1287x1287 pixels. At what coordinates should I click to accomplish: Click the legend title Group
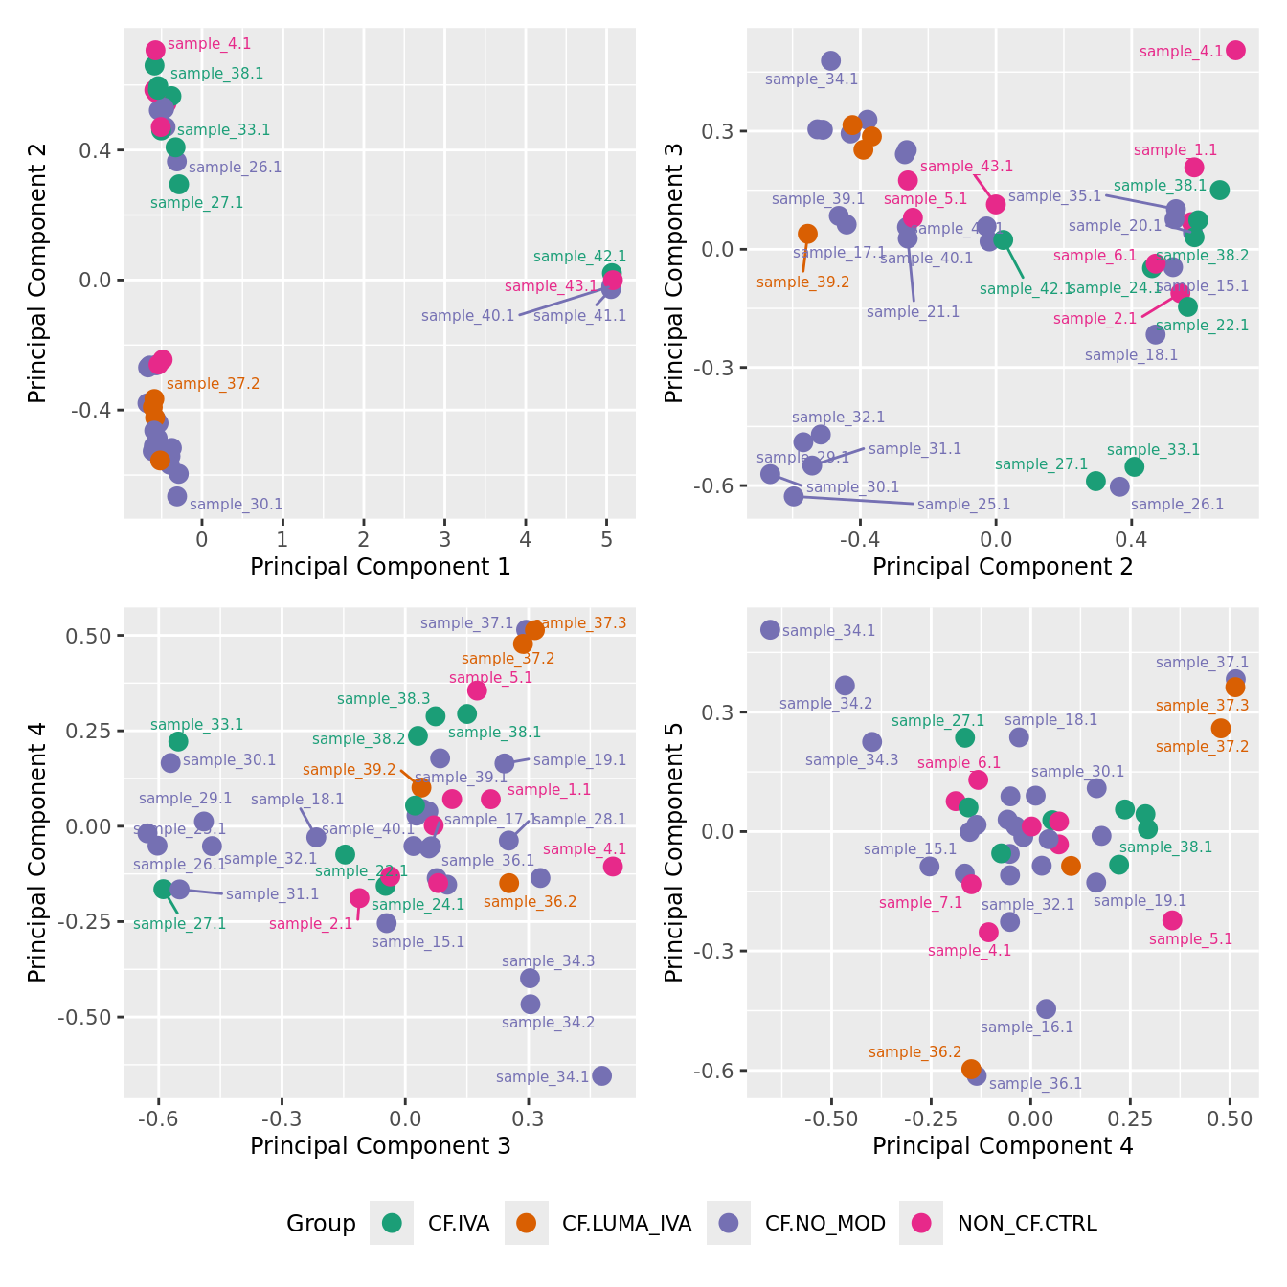tap(321, 1224)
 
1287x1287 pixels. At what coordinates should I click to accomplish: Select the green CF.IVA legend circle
tap(392, 1223)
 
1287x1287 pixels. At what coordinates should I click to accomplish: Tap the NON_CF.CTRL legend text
tap(1027, 1224)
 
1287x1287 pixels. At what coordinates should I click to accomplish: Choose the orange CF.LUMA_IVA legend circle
tap(526, 1223)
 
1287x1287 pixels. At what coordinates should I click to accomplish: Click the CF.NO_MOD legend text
tap(824, 1224)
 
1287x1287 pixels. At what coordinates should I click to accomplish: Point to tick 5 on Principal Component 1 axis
tap(606, 539)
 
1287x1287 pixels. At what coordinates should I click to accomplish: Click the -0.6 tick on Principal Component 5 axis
tap(720, 1071)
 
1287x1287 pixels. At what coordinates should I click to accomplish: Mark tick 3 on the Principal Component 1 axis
tap(444, 539)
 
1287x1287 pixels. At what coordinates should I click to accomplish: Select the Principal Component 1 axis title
tap(380, 567)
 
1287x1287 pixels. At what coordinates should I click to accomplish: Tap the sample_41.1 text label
tap(579, 316)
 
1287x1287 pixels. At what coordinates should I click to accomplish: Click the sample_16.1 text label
tap(1027, 1027)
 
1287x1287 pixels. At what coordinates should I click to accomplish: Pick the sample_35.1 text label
tap(1054, 196)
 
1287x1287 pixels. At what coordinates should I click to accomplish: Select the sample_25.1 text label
tap(963, 505)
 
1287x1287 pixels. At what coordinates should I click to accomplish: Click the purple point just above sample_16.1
tap(1046, 1008)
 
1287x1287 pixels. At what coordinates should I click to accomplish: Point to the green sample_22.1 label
tap(1202, 326)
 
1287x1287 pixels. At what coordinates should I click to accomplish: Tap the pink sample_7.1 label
tap(920, 903)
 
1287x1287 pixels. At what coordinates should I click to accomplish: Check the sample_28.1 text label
tap(579, 820)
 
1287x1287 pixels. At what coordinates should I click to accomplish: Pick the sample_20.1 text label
tap(1115, 226)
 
